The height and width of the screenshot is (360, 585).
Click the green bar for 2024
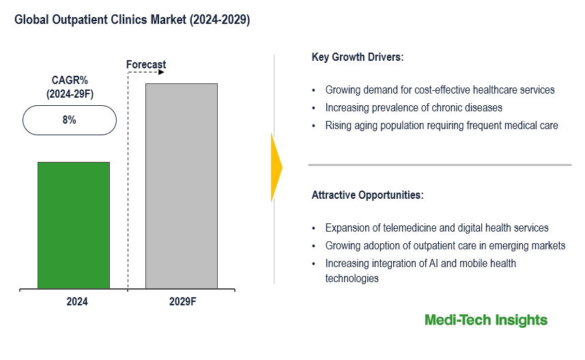[73, 225]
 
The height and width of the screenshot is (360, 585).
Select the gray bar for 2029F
[182, 185]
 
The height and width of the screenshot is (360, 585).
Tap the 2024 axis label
[74, 301]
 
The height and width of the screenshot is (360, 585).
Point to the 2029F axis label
[182, 301]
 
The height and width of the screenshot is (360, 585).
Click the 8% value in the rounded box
[70, 120]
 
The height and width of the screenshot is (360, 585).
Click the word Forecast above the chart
[146, 65]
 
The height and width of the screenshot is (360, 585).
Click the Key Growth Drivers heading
[358, 57]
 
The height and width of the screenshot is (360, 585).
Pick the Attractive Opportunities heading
[367, 195]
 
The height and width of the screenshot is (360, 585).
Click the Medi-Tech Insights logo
[485, 320]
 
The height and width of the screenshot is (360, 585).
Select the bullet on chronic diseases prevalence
[414, 107]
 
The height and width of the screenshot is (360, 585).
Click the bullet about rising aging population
[442, 125]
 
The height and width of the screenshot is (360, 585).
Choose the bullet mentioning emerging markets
[445, 246]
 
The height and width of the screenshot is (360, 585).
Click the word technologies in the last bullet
[352, 278]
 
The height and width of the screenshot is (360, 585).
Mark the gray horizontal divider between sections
[440, 165]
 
